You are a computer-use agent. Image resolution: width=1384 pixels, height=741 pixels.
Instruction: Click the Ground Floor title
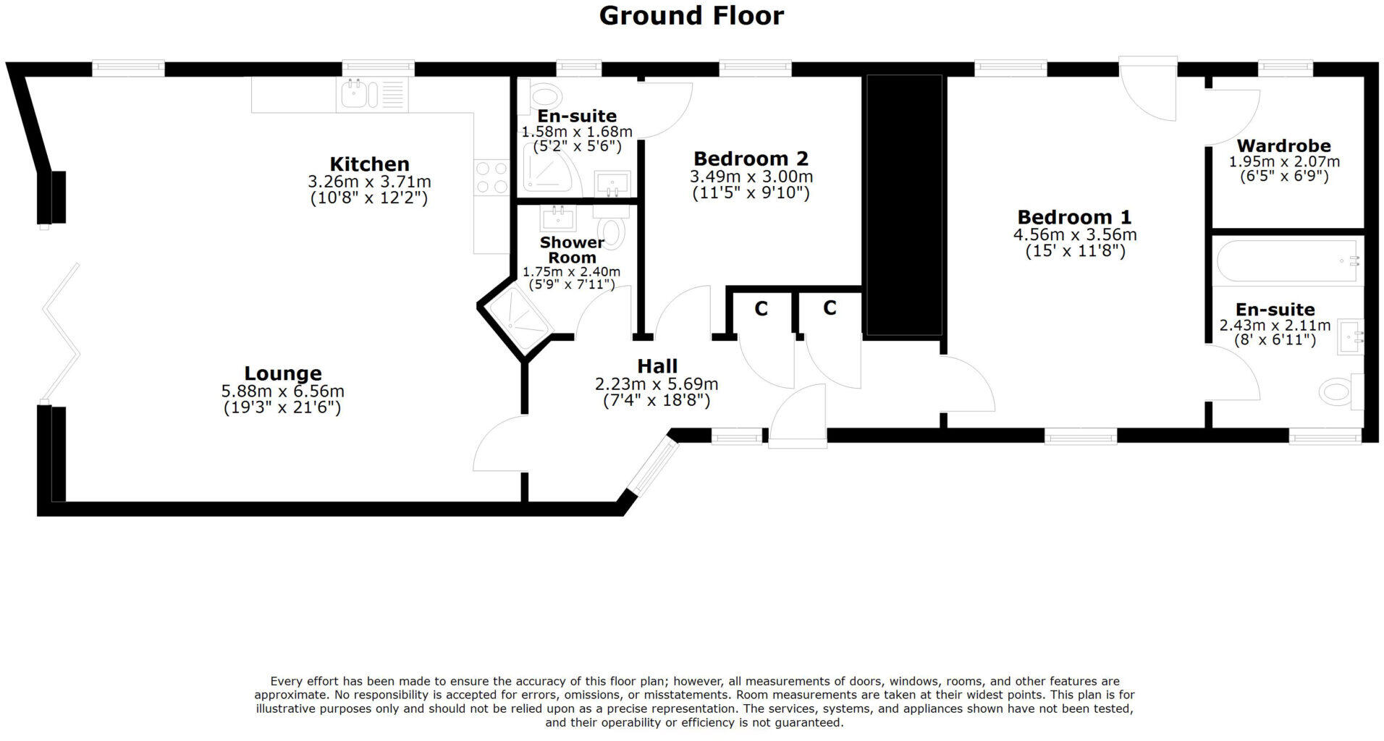[x=691, y=15]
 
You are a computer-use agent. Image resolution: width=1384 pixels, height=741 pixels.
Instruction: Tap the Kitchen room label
[x=369, y=164]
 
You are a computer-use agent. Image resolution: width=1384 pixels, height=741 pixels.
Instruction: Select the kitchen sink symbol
[x=355, y=94]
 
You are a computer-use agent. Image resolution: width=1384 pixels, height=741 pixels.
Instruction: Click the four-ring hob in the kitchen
[x=491, y=177]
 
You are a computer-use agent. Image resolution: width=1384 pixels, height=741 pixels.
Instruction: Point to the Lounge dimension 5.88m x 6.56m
[x=282, y=391]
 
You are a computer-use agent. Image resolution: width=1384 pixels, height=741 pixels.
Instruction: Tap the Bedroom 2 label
[x=751, y=158]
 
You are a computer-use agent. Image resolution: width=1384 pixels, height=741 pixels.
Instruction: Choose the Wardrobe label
[x=1283, y=145]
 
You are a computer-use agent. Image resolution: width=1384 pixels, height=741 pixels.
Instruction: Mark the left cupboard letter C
[x=761, y=309]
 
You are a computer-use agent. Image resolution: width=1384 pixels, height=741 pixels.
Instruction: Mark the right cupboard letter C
[x=830, y=308]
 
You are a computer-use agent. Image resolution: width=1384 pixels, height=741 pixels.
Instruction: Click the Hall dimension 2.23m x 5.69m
[x=656, y=384]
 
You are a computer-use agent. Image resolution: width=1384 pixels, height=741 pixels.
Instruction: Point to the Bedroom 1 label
[x=1074, y=216]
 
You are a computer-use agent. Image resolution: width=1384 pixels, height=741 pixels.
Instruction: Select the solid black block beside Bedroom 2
[x=904, y=204]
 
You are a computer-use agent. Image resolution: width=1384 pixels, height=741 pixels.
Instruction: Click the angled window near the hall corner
[x=652, y=466]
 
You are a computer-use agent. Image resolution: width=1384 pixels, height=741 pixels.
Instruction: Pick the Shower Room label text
[x=572, y=250]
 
